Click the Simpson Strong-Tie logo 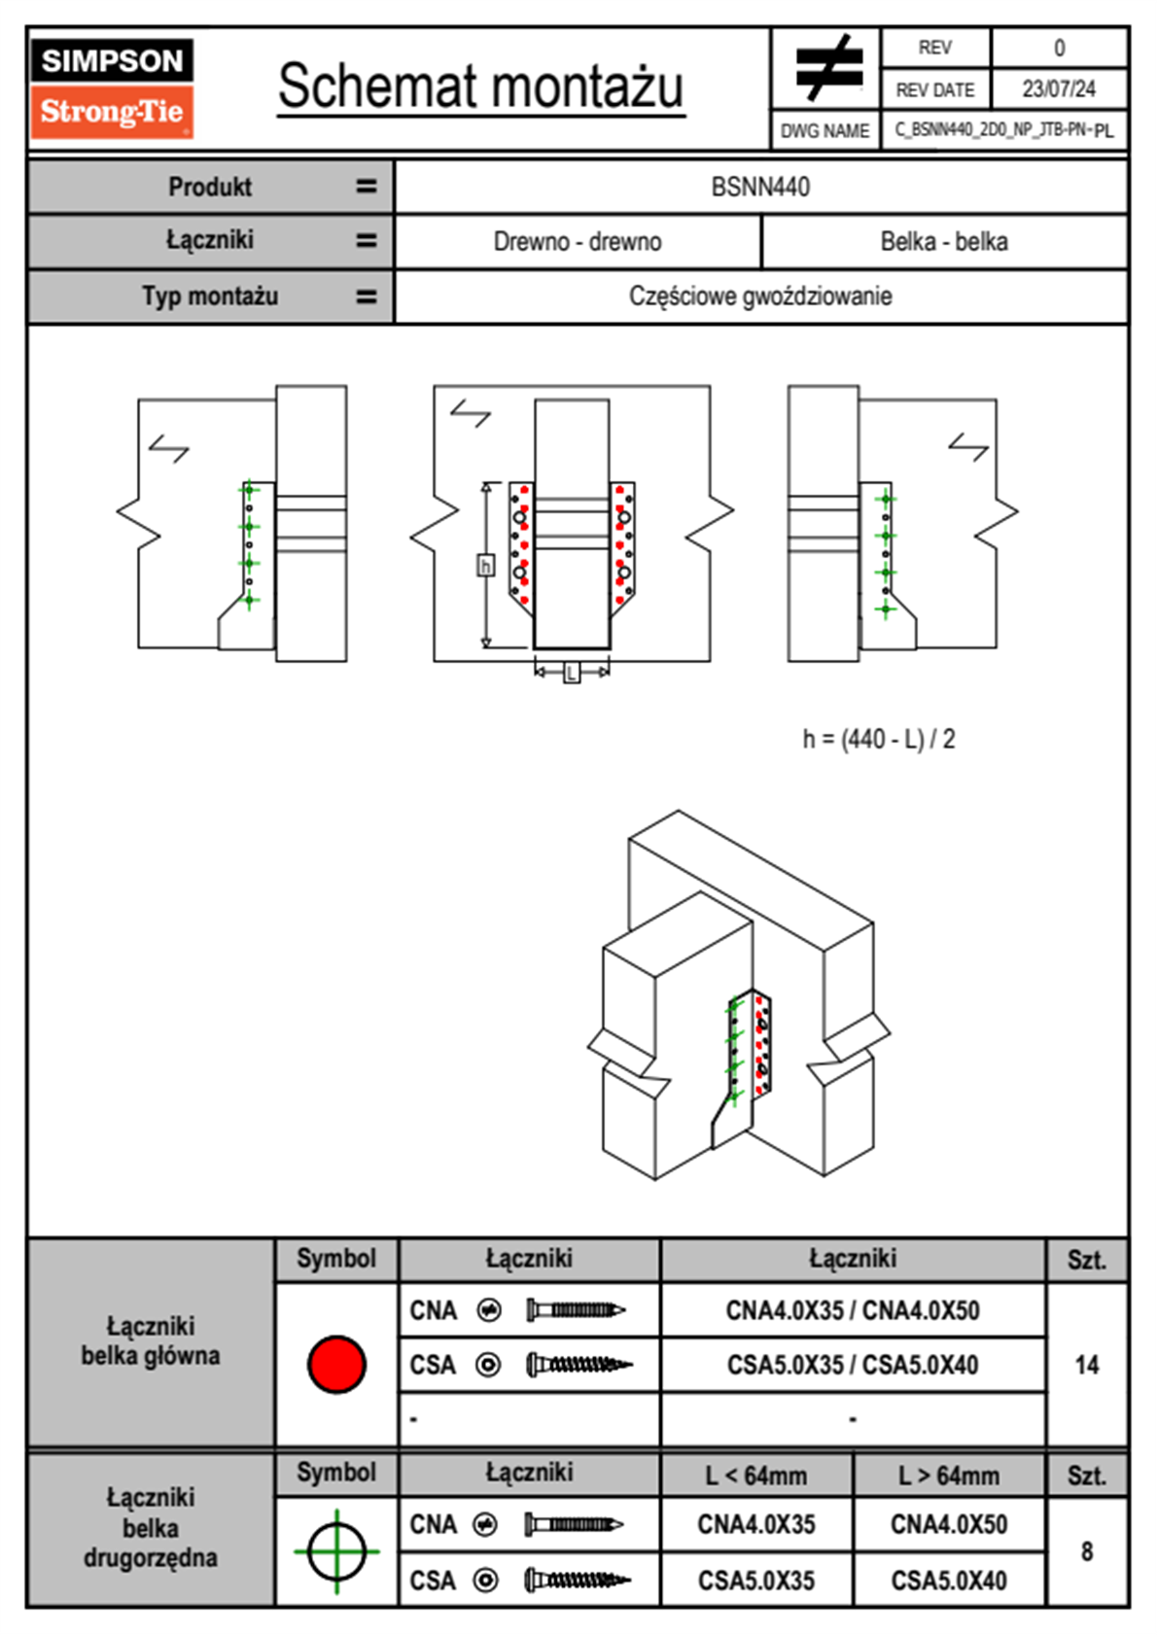click(x=112, y=87)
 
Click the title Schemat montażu click(x=480, y=87)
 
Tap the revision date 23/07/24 click(x=1058, y=89)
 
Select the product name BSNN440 click(x=760, y=187)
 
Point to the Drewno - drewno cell click(x=578, y=242)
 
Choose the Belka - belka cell click(x=943, y=242)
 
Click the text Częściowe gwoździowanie click(x=760, y=296)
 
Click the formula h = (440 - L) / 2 click(x=878, y=740)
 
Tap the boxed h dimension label click(x=485, y=565)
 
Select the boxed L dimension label click(x=572, y=672)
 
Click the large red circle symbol click(x=336, y=1364)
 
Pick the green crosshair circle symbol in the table click(x=336, y=1551)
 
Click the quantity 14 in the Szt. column click(x=1086, y=1365)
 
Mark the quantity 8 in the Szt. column click(x=1086, y=1551)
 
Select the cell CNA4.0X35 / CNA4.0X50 click(x=853, y=1310)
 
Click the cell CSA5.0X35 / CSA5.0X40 click(x=853, y=1365)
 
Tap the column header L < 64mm click(x=756, y=1476)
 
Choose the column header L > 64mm click(x=949, y=1476)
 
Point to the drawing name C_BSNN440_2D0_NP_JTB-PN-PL click(x=1003, y=130)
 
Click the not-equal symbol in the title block click(x=827, y=68)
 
